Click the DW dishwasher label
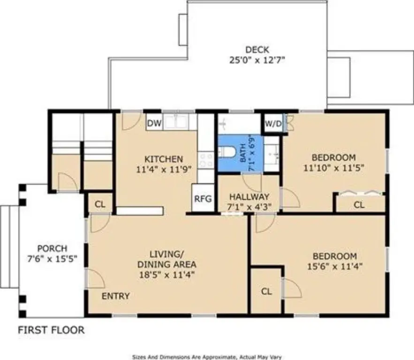coord(154,123)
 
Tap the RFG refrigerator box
coord(203,198)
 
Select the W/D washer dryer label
coord(273,124)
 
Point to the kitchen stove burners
coord(206,160)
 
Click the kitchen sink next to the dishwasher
coord(175,122)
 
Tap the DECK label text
coord(257,50)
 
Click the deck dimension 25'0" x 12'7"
coord(257,60)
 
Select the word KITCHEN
coord(164,159)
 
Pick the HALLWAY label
coord(249,196)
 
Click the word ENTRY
coord(116,296)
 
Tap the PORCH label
coord(53,248)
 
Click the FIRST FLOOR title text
coord(51,330)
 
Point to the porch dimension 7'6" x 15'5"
coord(53,259)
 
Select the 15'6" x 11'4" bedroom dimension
coord(335,266)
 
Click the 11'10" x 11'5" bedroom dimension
coord(334,168)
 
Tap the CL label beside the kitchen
coord(100,204)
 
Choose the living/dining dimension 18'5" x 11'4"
coord(167,275)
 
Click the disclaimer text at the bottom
coord(207,357)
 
